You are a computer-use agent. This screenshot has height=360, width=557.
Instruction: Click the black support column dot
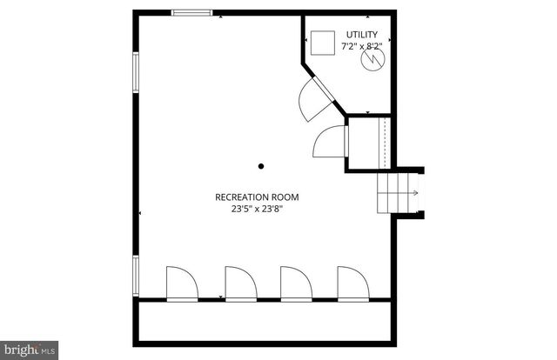[x=260, y=165]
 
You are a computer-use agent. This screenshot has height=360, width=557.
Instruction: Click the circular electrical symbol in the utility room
[x=372, y=61]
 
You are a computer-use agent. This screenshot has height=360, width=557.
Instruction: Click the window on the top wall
[x=191, y=12]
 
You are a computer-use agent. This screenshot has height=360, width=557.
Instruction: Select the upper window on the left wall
[x=135, y=71]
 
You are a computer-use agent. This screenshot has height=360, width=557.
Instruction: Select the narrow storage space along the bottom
[x=265, y=321]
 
